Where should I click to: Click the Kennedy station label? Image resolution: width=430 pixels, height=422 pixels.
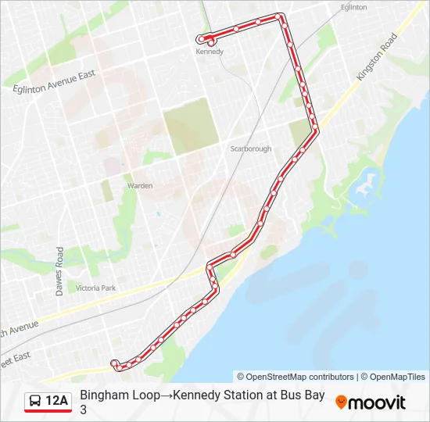point(210,52)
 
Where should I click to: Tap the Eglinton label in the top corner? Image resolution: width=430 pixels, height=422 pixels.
point(353,7)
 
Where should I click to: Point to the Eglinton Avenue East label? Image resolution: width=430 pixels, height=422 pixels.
point(54,83)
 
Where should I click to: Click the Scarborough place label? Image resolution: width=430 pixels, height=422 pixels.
point(250,148)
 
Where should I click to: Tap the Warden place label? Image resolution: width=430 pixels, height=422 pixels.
point(140,186)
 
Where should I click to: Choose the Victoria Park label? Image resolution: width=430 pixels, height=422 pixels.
point(95,288)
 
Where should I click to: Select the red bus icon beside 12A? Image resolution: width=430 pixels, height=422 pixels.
point(36,402)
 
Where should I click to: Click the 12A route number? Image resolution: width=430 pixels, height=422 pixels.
point(57,402)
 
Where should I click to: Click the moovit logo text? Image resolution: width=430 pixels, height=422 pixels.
point(377,402)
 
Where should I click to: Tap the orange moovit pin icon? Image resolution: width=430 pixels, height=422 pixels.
point(341,402)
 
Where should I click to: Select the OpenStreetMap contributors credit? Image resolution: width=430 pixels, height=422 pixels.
point(296,377)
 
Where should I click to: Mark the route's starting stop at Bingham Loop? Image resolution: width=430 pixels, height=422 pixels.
point(115,363)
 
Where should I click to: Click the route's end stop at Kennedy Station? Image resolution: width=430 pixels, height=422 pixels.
point(202,39)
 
